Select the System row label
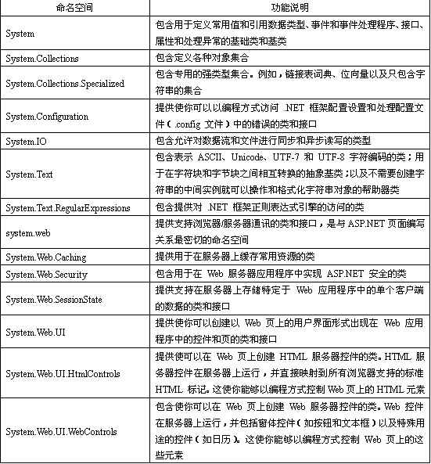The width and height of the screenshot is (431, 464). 20,34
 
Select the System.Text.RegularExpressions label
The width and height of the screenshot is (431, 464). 67,208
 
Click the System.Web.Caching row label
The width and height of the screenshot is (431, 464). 45,257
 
